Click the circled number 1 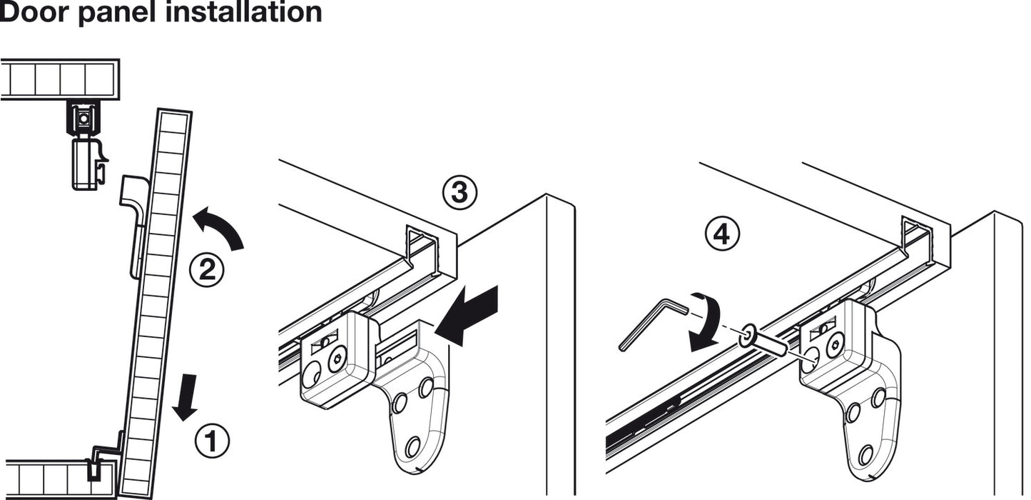pos(213,441)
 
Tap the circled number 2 pos(206,270)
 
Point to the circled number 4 pos(722,234)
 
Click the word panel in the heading pos(126,12)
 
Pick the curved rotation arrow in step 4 pos(704,321)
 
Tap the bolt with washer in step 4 pos(766,341)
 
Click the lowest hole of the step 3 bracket pos(413,448)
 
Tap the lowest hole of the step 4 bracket pos(866,454)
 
